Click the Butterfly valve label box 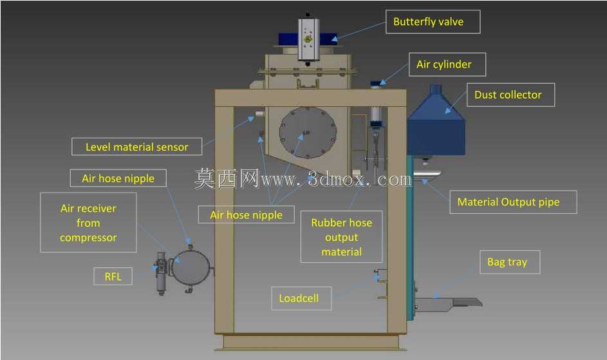[433, 22]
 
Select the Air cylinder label [447, 64]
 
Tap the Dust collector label [510, 95]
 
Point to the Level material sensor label [136, 147]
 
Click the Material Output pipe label [513, 202]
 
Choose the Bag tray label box [510, 262]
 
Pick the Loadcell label [301, 298]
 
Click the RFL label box [113, 276]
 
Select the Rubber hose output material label [341, 237]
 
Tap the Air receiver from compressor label [88, 223]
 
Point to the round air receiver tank [191, 267]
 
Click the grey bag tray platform [449, 303]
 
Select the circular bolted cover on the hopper [308, 133]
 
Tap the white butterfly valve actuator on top [308, 39]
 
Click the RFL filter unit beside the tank [161, 273]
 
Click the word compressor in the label [88, 238]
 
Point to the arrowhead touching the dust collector [448, 110]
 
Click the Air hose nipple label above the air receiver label [118, 178]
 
